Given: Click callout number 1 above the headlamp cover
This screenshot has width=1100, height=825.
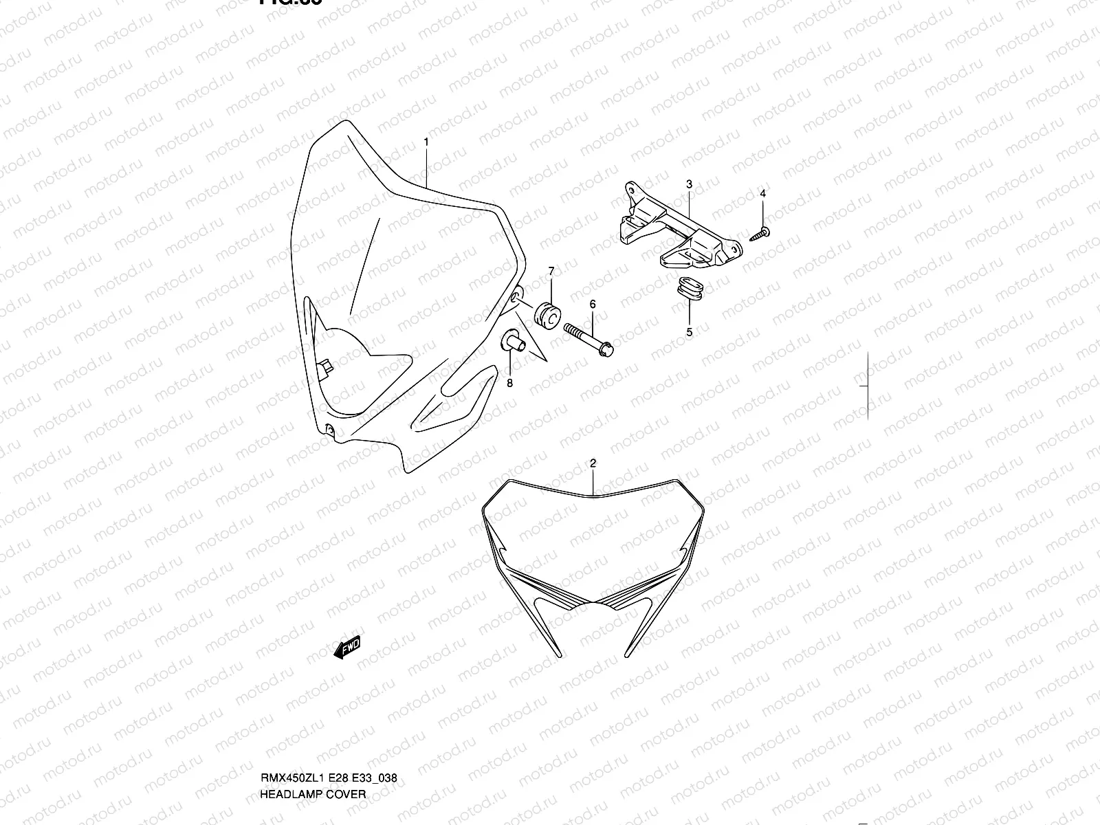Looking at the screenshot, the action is pos(426,142).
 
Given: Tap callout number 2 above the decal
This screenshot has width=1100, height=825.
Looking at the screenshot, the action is pos(593,464).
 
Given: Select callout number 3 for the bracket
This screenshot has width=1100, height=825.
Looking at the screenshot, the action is pos(689,184).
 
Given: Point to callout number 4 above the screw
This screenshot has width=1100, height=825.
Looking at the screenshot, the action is pos(762,195).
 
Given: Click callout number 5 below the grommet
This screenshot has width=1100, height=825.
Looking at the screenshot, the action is pos(689,332).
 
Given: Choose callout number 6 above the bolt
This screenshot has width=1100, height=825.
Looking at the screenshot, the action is pos(592,304).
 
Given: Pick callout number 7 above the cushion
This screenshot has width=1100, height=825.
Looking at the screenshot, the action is pos(551,272).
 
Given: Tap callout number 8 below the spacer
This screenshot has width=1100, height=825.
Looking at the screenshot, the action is pos(509,384).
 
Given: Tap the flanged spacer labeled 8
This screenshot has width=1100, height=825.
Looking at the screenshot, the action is pos(514,342).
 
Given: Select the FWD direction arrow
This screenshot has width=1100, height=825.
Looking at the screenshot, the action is pos(346,648).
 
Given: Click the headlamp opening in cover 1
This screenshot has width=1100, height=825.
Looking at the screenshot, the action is pos(357,371).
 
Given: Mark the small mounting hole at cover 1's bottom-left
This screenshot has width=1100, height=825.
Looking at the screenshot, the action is pos(329,430).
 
